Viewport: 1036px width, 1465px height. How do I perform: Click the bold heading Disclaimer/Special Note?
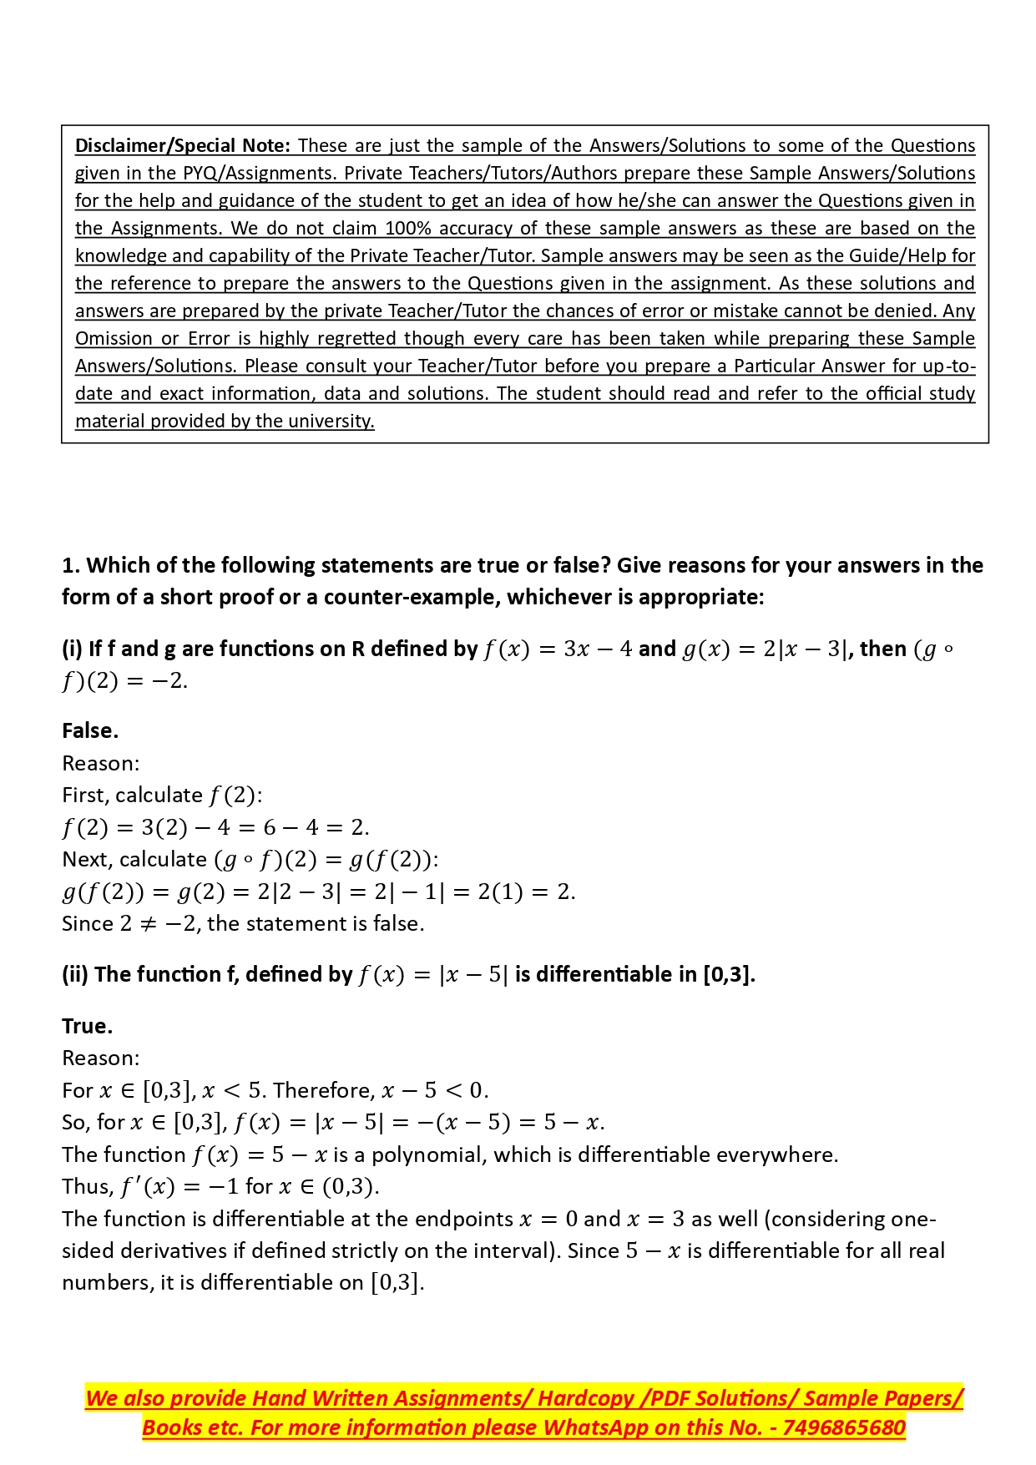click(x=183, y=145)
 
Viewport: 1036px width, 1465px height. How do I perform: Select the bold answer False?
click(x=90, y=730)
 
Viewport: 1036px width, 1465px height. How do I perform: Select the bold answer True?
click(x=87, y=1026)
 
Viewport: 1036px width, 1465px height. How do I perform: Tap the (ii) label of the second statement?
click(x=75, y=974)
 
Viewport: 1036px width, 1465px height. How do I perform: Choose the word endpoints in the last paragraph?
click(x=463, y=1219)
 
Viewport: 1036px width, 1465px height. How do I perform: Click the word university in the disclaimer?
click(x=334, y=421)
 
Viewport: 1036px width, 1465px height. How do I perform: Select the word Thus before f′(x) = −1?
click(x=87, y=1186)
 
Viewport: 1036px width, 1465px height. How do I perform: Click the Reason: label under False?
click(x=101, y=763)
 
